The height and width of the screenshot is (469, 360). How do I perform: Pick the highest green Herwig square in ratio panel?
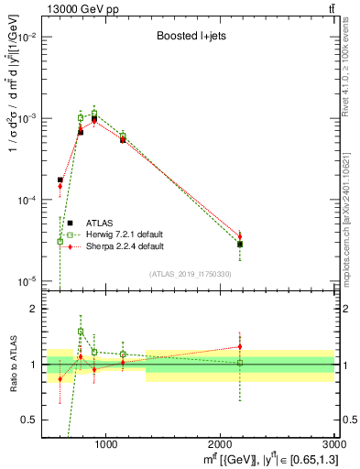click(x=81, y=332)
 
